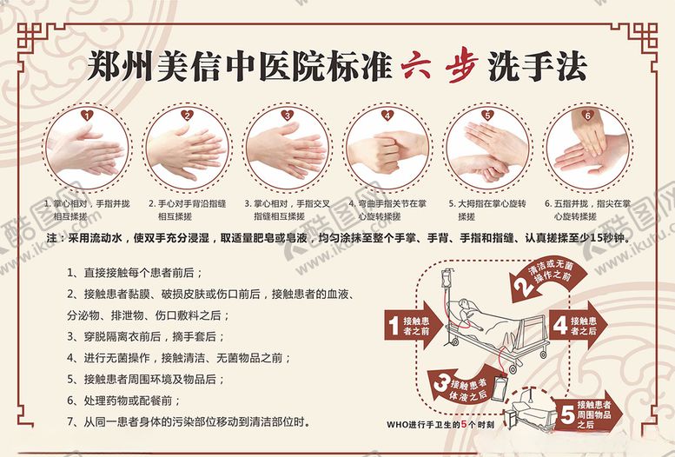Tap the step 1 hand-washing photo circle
tap(84, 149)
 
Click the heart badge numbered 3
tap(287, 114)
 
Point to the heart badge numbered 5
tap(487, 114)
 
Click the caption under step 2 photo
tap(186, 209)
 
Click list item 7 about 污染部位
tap(188, 422)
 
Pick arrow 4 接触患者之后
tap(581, 326)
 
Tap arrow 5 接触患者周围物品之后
tap(592, 414)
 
